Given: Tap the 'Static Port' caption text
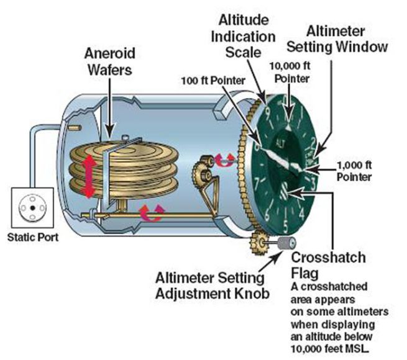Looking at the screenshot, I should [x=30, y=236].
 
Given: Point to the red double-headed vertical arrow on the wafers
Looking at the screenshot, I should [x=90, y=176].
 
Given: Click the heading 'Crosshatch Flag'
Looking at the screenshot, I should [x=329, y=264].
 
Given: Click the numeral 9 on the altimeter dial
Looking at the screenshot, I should [x=267, y=114].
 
